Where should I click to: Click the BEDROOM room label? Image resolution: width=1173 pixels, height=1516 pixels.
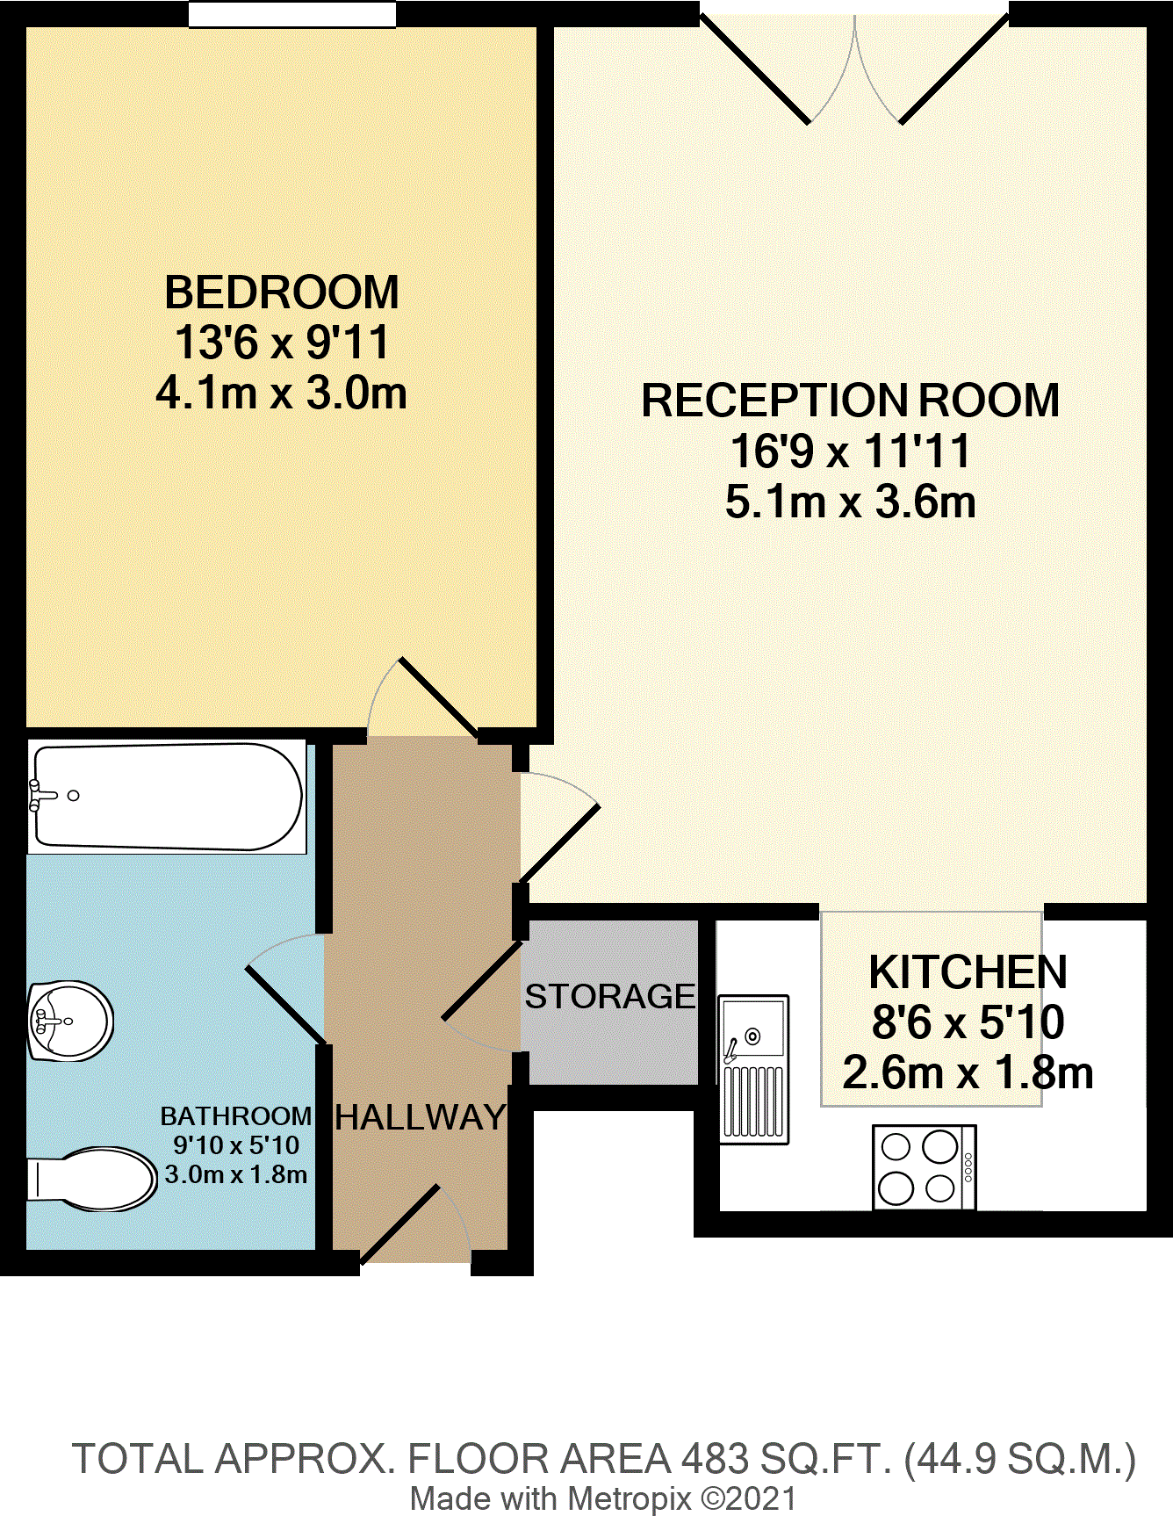tap(282, 292)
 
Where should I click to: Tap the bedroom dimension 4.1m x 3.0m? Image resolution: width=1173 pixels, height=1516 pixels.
tap(282, 393)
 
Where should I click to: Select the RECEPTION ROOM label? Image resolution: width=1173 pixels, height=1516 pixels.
tap(850, 401)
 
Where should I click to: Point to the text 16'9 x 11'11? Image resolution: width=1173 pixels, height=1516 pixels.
tap(850, 451)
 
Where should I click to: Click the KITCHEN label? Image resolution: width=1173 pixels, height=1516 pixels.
tap(968, 972)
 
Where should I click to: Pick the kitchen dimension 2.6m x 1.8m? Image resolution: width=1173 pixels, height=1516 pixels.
tap(968, 1073)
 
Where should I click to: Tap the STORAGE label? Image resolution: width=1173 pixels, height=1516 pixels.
tap(610, 997)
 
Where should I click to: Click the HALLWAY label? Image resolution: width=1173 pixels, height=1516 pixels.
tap(421, 1117)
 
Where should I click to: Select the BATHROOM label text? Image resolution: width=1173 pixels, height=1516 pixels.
tap(236, 1116)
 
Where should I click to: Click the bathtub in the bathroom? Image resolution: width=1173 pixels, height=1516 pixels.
tap(167, 797)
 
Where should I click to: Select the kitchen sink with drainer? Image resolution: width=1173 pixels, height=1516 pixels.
tap(754, 1069)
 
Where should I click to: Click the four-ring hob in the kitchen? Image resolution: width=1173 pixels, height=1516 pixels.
tap(924, 1167)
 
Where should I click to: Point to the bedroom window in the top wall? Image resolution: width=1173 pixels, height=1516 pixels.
tap(292, 15)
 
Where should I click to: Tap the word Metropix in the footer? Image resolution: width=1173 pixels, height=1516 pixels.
tap(629, 1498)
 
